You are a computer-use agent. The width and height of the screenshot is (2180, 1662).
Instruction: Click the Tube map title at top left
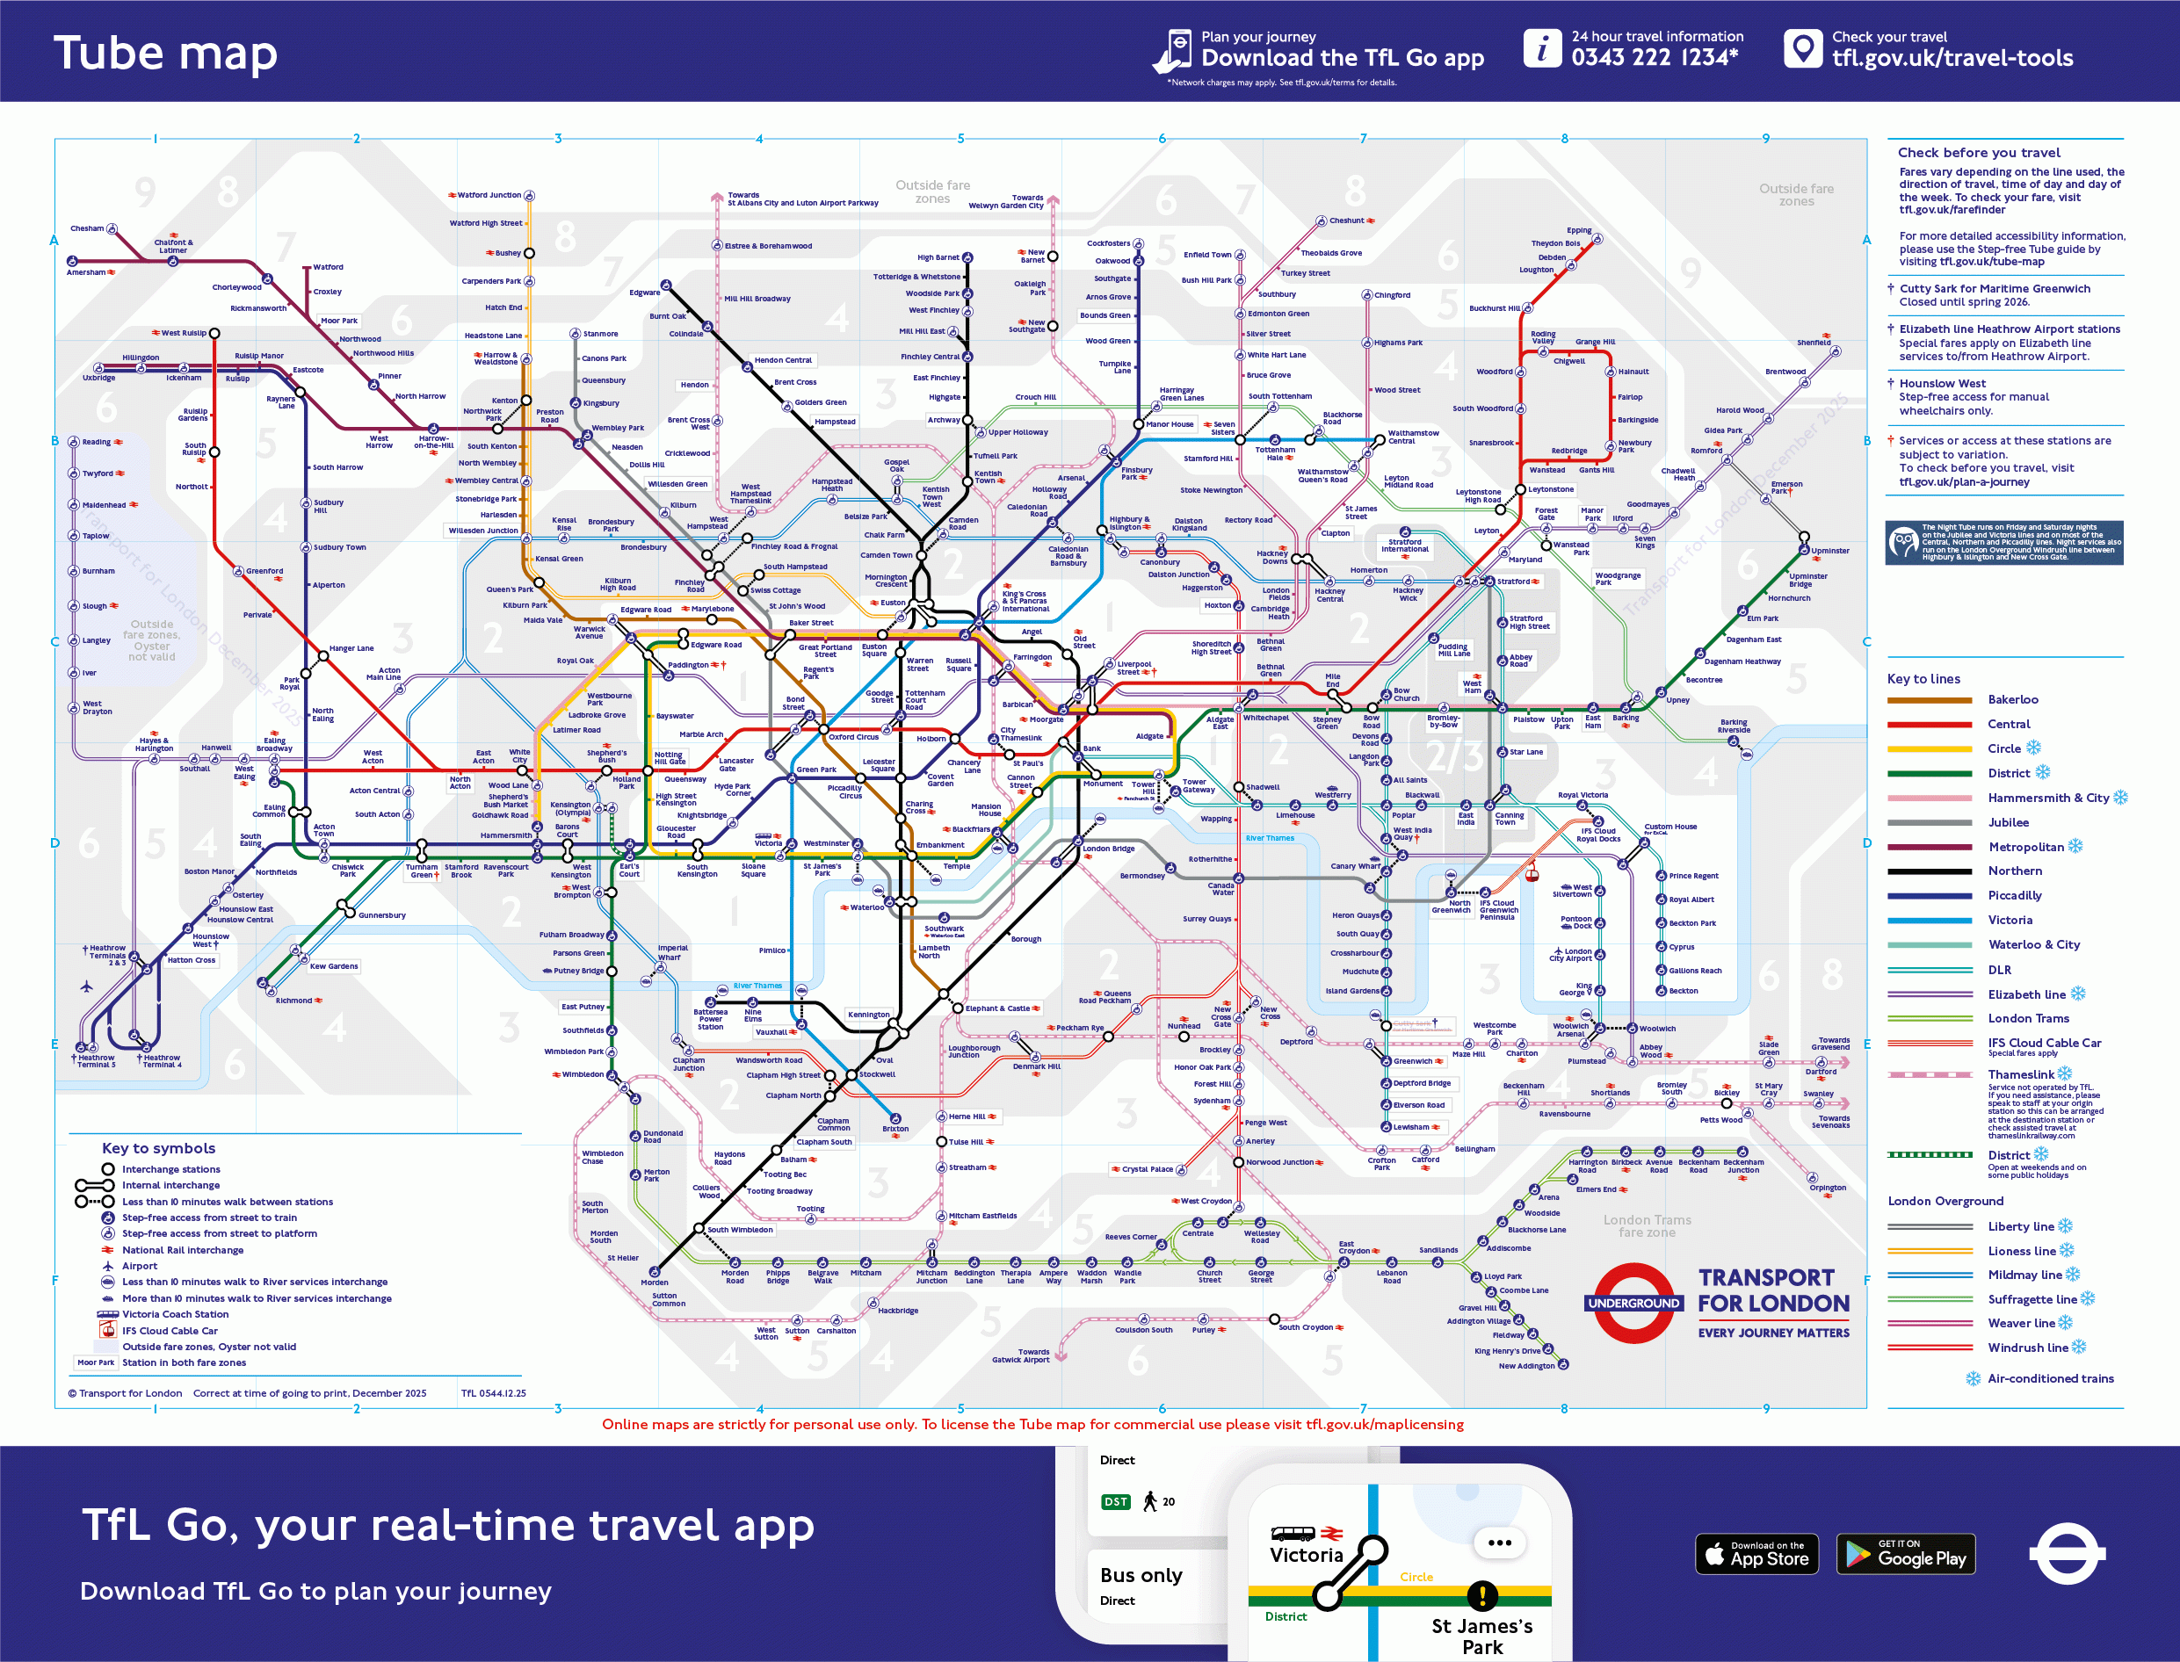165,53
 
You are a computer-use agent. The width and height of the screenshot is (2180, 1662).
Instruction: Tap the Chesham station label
87,228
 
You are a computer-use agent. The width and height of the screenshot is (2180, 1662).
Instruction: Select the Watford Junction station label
489,195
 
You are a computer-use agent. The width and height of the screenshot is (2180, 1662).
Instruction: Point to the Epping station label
1578,230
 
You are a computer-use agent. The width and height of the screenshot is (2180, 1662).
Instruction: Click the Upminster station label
1829,551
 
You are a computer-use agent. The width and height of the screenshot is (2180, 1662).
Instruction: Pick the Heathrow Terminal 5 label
96,1061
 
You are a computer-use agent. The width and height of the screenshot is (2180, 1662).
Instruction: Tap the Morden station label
654,1283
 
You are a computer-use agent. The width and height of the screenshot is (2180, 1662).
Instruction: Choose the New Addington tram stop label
1526,1366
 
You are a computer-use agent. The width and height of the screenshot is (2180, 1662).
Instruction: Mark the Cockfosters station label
1108,243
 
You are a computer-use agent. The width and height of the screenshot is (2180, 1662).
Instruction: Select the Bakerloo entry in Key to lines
2013,699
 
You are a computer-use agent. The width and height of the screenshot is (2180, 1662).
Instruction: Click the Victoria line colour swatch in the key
1929,920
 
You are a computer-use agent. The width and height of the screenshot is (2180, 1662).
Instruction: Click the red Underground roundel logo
1633,1303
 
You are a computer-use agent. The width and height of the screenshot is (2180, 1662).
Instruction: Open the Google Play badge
1905,1554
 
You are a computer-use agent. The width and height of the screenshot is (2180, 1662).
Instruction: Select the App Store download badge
1756,1554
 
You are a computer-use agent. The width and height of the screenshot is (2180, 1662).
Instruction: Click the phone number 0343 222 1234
1655,58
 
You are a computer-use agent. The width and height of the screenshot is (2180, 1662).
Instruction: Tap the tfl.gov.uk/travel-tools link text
1952,58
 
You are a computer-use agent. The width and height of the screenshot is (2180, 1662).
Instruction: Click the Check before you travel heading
1978,152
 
